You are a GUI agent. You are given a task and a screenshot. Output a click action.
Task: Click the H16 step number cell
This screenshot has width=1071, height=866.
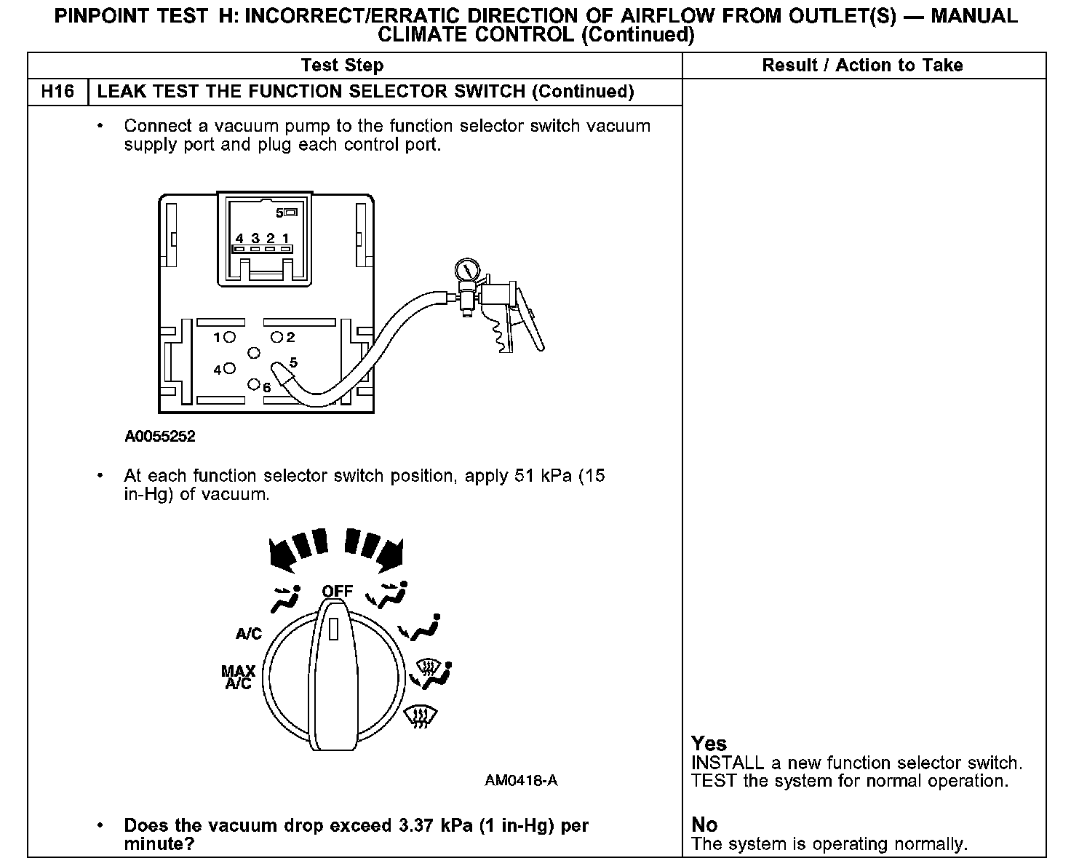pos(57,92)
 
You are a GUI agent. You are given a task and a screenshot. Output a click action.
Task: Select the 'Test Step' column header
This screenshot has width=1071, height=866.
pos(342,65)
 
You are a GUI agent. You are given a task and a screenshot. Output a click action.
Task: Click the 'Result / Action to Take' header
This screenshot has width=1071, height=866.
pos(862,65)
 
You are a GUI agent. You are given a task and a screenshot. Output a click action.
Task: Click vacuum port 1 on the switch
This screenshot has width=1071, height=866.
pos(230,337)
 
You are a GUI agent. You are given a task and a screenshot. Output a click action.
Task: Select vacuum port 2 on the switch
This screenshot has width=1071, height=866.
pos(277,337)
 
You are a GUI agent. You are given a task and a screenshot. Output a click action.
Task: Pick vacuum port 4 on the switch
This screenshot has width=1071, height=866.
pos(230,369)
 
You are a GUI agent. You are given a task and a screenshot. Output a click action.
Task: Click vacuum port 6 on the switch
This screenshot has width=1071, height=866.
pos(254,384)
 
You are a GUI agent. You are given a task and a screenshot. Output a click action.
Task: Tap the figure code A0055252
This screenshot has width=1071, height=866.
pos(160,437)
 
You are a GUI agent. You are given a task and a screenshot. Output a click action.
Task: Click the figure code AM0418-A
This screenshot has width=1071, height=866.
pos(521,781)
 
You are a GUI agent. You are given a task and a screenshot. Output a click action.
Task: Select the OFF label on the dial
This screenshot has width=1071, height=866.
pos(337,591)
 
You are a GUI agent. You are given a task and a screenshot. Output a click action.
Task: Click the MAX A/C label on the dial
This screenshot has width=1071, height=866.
pos(239,677)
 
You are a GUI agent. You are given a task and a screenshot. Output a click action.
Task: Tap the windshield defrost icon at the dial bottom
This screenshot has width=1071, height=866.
pos(421,717)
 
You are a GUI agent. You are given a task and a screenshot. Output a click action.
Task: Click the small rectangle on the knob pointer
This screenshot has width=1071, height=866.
pos(334,628)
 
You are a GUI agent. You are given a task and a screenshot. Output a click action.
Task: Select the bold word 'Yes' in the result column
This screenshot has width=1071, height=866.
pos(709,744)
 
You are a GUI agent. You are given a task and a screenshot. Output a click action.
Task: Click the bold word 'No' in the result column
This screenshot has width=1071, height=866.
pos(704,825)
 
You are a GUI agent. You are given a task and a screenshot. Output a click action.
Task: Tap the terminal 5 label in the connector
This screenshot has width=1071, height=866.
pos(280,213)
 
